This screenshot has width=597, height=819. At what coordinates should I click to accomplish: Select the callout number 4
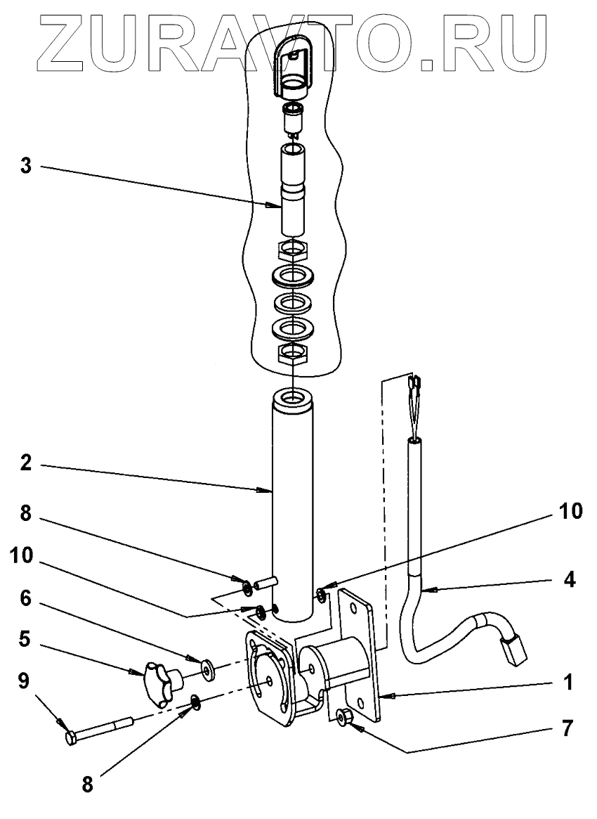pyautogui.click(x=570, y=581)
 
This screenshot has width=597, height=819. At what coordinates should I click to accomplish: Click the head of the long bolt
pyautogui.click(x=71, y=738)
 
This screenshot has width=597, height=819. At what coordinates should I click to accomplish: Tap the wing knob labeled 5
pyautogui.click(x=160, y=681)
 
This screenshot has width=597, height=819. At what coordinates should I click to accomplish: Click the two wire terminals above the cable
pyautogui.click(x=414, y=385)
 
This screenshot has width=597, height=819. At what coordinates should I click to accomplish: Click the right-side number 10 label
pyautogui.click(x=570, y=512)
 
